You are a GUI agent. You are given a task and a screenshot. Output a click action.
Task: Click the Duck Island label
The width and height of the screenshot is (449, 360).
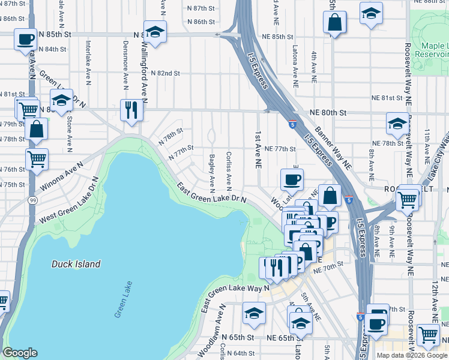point(76,264)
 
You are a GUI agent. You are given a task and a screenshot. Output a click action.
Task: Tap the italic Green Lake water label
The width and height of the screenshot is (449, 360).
point(123,299)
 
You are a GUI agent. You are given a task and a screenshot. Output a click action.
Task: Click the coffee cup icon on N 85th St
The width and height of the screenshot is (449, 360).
point(25,40)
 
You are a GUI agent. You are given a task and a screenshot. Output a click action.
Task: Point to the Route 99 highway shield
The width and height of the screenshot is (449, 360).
point(31,199)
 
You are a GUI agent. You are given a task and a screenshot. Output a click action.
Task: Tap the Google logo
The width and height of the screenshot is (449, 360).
point(20,352)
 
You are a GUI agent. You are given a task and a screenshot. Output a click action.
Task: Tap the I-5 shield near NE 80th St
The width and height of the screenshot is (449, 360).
point(291,124)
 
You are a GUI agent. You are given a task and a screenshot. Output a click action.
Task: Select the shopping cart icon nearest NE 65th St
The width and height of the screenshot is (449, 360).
point(428,335)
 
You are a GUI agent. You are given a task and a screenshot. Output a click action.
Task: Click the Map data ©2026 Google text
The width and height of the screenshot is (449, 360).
point(412,355)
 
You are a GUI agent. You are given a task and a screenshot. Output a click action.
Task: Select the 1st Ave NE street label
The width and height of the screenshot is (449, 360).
point(258,149)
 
